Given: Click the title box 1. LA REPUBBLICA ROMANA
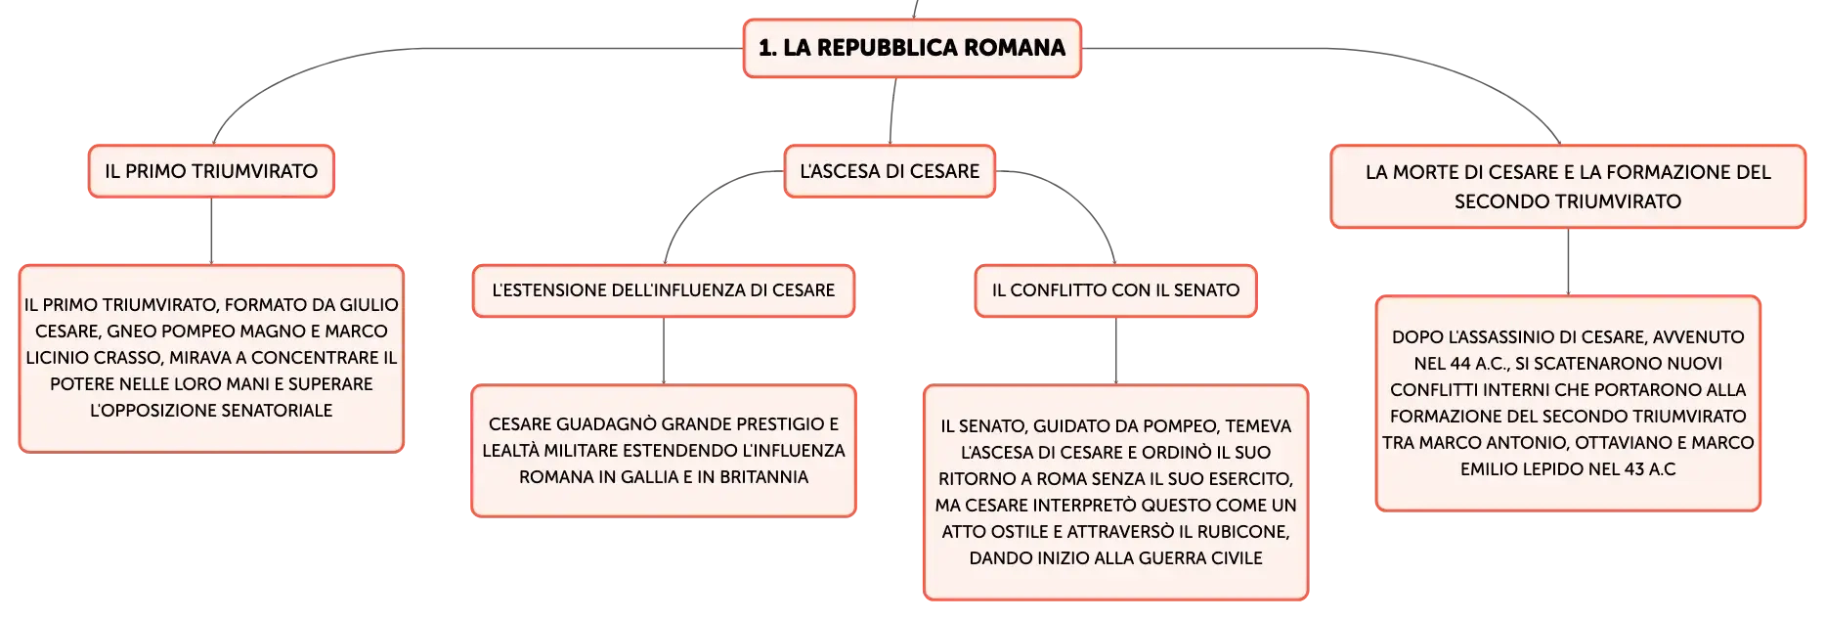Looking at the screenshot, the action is pos(912,48).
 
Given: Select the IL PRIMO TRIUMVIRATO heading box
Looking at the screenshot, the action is pos(211,171).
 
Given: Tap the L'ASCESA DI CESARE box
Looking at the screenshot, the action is pos(890,171).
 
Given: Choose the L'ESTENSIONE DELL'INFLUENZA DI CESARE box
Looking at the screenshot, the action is pos(664,290).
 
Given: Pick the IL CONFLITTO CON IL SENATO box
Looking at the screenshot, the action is pos(1115,290).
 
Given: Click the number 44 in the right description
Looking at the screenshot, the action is pos(1460,364).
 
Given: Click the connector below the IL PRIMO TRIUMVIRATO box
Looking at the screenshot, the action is pos(211,231).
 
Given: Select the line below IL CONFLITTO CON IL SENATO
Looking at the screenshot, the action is pos(1115,351).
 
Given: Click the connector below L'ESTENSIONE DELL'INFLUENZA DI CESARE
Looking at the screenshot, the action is pos(664,351).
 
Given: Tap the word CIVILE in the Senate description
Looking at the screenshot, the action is pos(1236,558).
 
